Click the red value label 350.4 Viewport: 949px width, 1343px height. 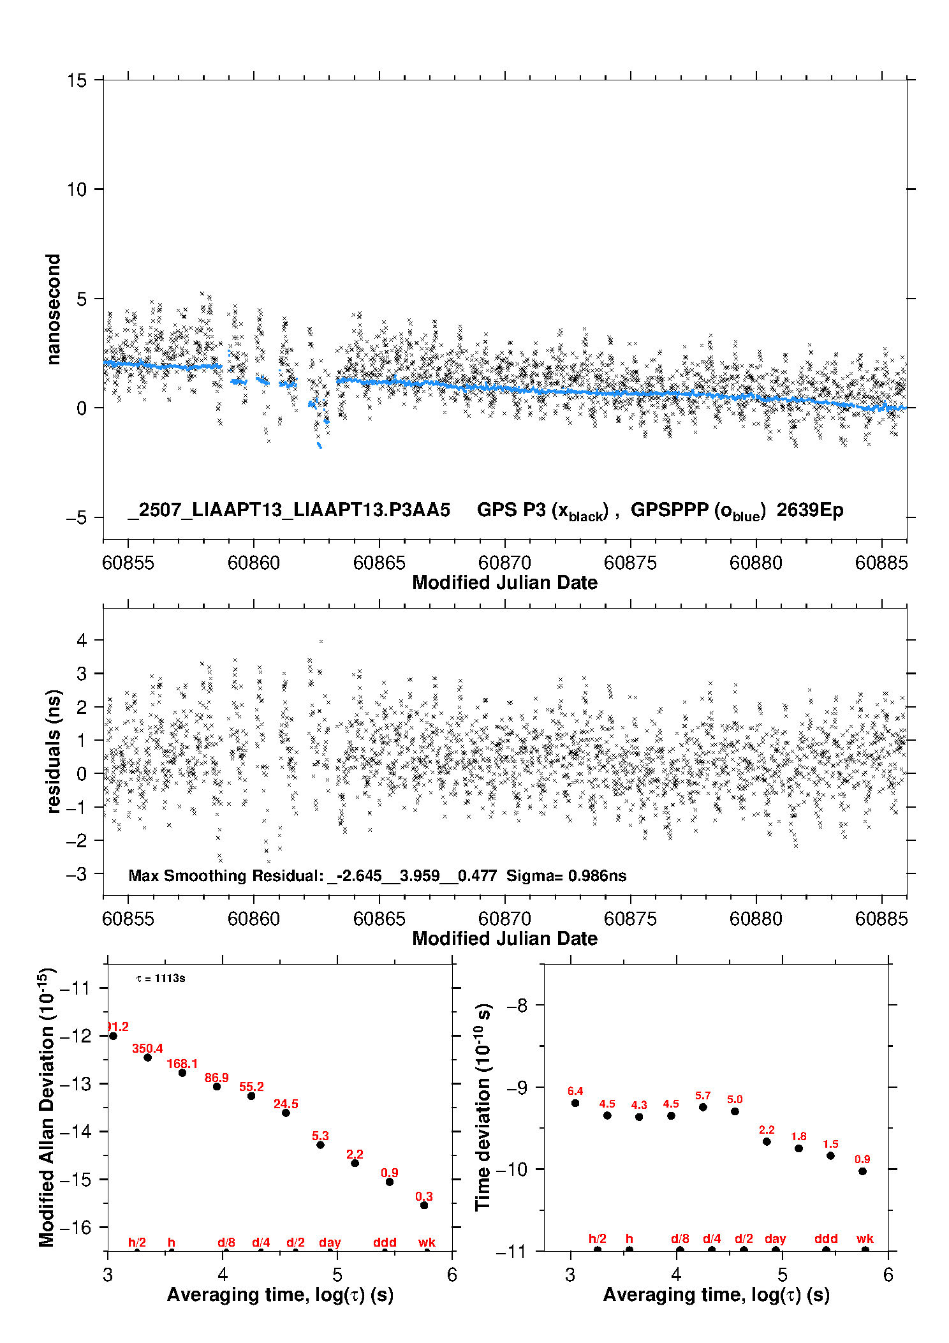click(x=147, y=1048)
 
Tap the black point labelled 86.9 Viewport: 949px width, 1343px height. click(x=217, y=1087)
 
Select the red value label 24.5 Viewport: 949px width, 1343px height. click(x=286, y=1104)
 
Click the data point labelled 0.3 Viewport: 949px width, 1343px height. click(x=424, y=1205)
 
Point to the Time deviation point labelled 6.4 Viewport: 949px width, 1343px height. click(x=575, y=1103)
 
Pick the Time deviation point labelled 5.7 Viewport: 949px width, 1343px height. click(x=703, y=1107)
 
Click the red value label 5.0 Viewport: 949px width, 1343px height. click(x=735, y=1099)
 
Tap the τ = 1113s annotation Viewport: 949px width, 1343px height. click(x=161, y=979)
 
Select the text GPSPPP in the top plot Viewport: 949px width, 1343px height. click(x=670, y=510)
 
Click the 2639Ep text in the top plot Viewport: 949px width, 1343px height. click(x=810, y=510)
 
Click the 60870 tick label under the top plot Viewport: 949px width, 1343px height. click(x=505, y=563)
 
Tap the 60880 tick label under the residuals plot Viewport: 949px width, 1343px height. click(x=756, y=919)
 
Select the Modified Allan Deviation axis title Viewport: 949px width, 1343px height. click(x=47, y=1107)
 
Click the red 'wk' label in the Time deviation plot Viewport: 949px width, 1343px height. click(x=865, y=1238)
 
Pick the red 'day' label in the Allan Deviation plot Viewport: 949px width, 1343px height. click(x=330, y=1242)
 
